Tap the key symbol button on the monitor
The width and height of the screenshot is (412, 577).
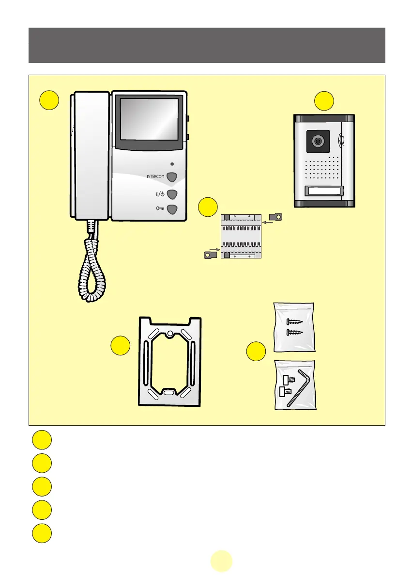[x=172, y=210]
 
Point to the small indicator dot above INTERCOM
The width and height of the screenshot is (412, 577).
[x=171, y=163]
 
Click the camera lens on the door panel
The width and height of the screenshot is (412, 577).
[x=318, y=141]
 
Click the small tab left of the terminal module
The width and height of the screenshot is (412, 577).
[x=209, y=254]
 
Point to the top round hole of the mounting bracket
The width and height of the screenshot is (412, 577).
[x=170, y=334]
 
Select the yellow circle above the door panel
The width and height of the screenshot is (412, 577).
[x=324, y=100]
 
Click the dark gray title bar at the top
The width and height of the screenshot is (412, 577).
[x=207, y=45]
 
